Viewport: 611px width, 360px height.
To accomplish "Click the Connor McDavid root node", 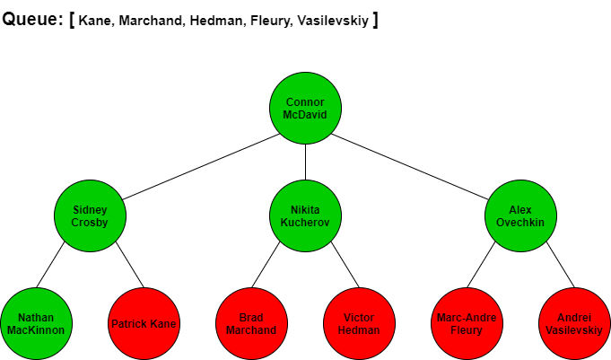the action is point(305,108).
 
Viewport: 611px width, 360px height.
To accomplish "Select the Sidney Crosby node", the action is point(90,215).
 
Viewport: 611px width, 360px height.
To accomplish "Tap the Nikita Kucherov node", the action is point(305,215).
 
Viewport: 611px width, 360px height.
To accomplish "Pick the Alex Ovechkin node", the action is point(520,215).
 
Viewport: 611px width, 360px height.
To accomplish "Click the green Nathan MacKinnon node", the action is point(36,323).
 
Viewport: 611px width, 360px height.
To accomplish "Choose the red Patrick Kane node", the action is point(144,323).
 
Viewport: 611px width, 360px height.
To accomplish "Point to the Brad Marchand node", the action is point(252,323).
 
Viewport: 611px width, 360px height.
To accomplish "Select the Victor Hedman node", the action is point(359,323).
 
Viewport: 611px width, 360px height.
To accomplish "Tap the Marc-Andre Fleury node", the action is point(467,323).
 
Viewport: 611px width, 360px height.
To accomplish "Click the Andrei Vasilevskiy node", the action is point(574,323).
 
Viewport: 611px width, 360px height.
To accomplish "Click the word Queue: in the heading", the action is point(32,19).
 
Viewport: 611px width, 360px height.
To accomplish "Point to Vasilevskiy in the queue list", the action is point(333,21).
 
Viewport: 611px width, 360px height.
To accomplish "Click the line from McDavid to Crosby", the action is point(201,167).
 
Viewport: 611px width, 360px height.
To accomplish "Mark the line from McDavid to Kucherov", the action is point(305,162).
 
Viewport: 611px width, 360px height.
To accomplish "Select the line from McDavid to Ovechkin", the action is point(409,167).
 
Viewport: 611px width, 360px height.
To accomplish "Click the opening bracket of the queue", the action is point(72,20).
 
